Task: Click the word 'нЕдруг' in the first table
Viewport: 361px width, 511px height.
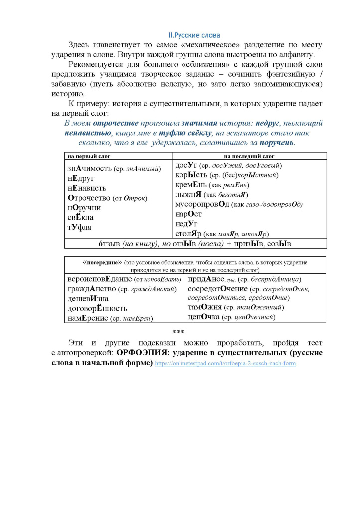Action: click(x=81, y=178)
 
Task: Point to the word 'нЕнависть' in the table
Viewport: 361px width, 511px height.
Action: click(x=87, y=188)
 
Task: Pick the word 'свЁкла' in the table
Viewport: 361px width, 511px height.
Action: click(x=80, y=218)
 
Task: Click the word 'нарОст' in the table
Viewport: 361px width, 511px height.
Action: click(x=188, y=214)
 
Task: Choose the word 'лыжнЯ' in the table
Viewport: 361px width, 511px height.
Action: click(x=187, y=195)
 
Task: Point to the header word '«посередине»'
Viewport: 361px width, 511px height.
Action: click(x=102, y=261)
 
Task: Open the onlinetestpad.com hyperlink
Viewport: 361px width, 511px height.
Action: click(x=225, y=364)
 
